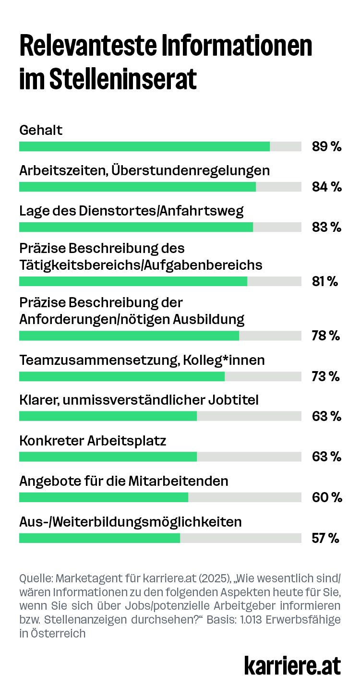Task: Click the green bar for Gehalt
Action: (x=144, y=146)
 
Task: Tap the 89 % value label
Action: (x=326, y=146)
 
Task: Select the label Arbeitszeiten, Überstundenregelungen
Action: (x=144, y=170)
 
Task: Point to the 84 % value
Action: (x=326, y=187)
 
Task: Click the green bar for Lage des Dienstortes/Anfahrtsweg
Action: (x=136, y=227)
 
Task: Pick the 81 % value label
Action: (x=325, y=281)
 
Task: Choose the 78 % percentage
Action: (x=325, y=336)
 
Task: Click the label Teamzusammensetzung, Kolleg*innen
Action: (x=142, y=360)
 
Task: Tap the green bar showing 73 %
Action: (x=122, y=376)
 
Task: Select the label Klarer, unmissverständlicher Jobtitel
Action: (x=139, y=399)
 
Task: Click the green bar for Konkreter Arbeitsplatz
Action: (x=108, y=456)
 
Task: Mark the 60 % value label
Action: (x=326, y=497)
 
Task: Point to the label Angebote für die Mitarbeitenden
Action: (x=123, y=481)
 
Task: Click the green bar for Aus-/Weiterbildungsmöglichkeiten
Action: (x=99, y=538)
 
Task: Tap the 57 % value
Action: (x=325, y=538)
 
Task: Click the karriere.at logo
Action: (x=292, y=666)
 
